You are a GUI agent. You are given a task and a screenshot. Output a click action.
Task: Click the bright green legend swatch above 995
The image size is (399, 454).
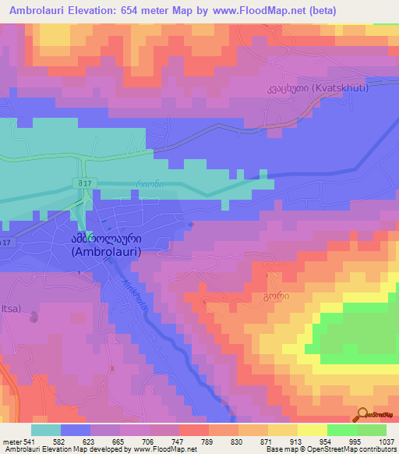pyautogui.click(x=341, y=430)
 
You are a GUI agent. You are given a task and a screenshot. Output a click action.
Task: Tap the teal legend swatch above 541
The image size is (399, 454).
pyautogui.click(x=46, y=430)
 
